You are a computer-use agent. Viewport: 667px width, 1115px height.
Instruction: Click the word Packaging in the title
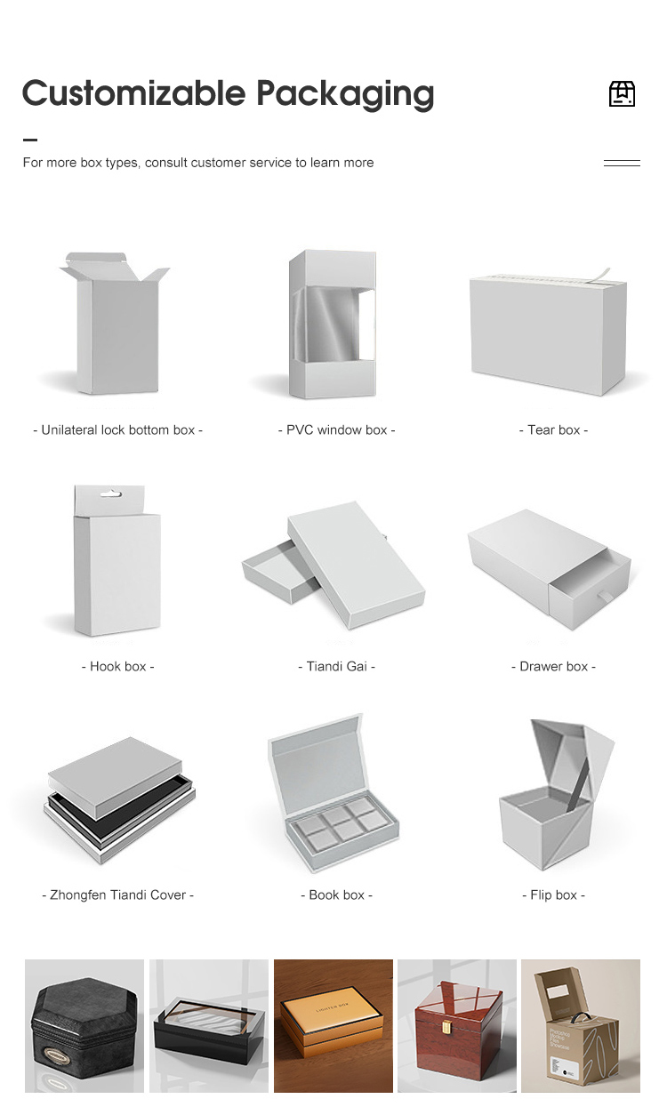[x=345, y=94]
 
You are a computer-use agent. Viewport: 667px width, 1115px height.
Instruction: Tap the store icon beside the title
[x=623, y=93]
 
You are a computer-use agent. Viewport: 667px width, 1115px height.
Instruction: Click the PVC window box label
[x=336, y=430]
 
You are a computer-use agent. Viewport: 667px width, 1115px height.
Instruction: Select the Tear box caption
[x=553, y=430]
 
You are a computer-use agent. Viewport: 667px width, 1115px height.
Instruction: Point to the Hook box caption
[x=118, y=667]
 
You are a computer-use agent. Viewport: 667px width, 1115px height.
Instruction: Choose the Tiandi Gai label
[x=336, y=667]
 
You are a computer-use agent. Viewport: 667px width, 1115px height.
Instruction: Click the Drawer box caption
[x=553, y=667]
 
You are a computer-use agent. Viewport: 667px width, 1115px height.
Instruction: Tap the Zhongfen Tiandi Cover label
[x=118, y=895]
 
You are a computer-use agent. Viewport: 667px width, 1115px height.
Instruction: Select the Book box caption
[x=336, y=895]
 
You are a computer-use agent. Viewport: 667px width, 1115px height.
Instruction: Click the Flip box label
[x=553, y=895]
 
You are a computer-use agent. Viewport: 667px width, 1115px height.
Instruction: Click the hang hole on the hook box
[x=110, y=494]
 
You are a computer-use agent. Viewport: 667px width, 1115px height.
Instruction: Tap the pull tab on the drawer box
[x=605, y=597]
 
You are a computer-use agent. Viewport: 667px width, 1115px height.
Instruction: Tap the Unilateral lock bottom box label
[x=118, y=430]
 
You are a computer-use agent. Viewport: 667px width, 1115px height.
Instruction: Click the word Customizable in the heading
[x=134, y=93]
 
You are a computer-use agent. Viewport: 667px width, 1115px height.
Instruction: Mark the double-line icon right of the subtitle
[x=623, y=163]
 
